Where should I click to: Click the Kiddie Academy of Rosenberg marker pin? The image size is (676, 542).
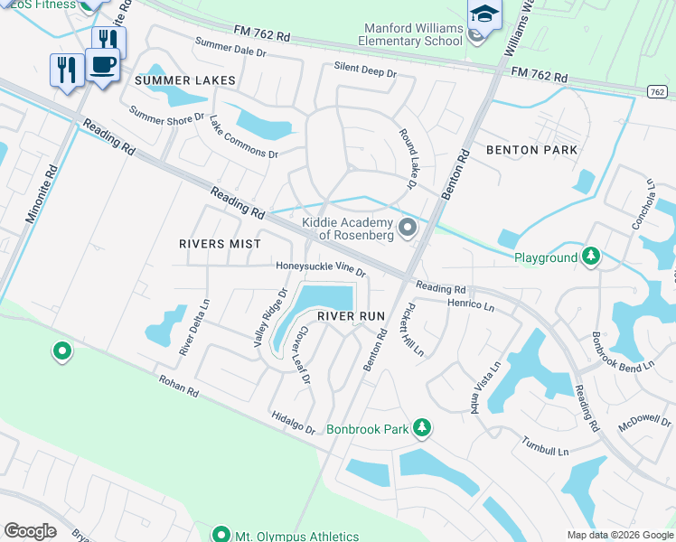(407, 228)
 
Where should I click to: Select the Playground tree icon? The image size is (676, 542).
(591, 257)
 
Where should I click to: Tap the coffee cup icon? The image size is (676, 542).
(103, 65)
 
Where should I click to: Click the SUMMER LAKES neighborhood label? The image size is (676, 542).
(185, 80)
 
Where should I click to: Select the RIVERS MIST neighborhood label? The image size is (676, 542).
(220, 244)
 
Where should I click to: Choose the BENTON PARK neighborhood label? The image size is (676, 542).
(532, 150)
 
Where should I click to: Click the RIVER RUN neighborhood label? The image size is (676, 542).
(351, 316)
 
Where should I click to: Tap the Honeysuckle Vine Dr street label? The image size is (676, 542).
(321, 268)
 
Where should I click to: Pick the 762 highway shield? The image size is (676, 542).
(658, 91)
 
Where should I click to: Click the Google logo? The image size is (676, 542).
(30, 531)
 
